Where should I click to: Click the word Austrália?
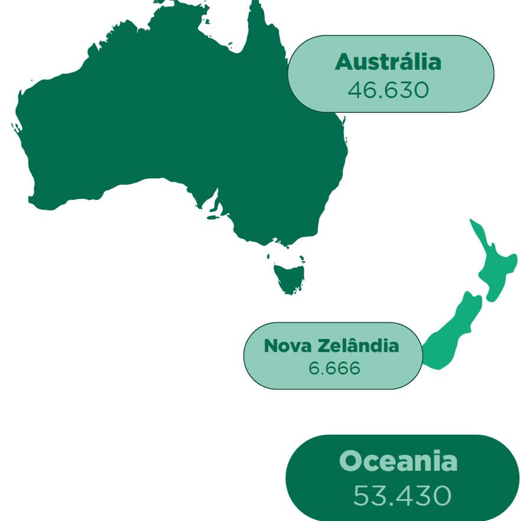coord(388,62)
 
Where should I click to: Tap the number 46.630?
coord(388,90)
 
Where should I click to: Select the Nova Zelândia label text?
coord(331,346)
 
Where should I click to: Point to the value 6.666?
coord(334,368)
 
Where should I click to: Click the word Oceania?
coord(398,461)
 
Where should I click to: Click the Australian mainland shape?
coord(177,118)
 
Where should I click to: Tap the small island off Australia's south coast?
coord(214,217)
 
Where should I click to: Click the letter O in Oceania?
coord(353,461)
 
